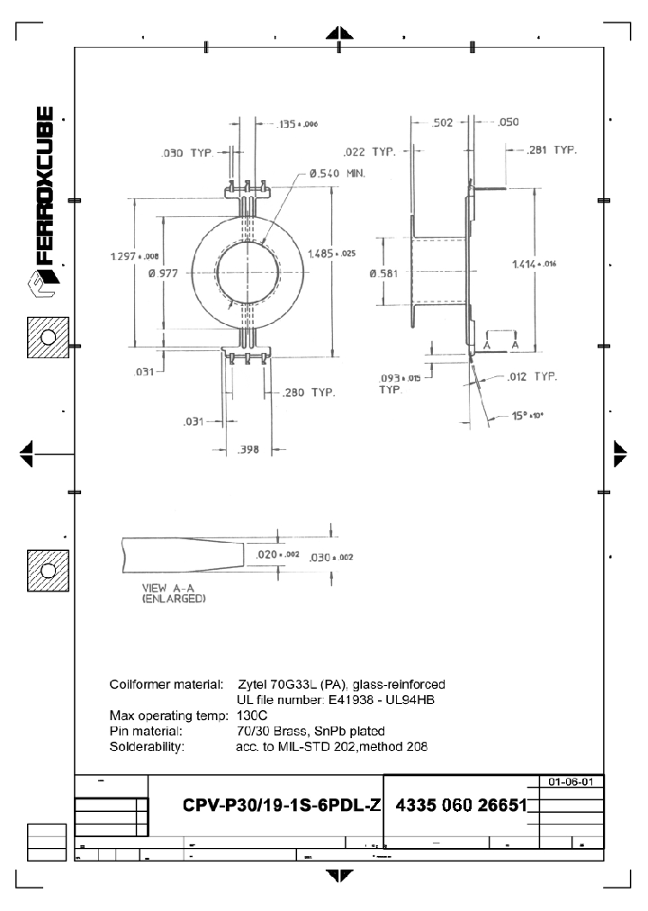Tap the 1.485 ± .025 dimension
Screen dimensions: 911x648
(332, 253)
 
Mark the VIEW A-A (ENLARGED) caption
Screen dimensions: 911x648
(175, 593)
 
